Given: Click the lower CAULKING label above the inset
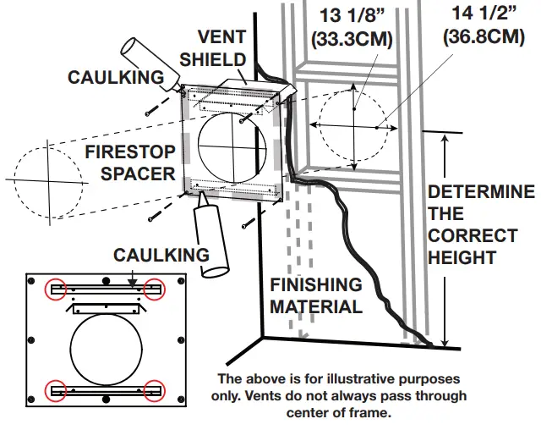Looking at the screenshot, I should [161, 255].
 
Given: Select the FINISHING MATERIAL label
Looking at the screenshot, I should [316, 295].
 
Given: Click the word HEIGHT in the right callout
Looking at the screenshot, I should [461, 256].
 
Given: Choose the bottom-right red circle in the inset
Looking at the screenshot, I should [155, 390].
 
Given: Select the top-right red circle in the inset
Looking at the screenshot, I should [155, 289].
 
